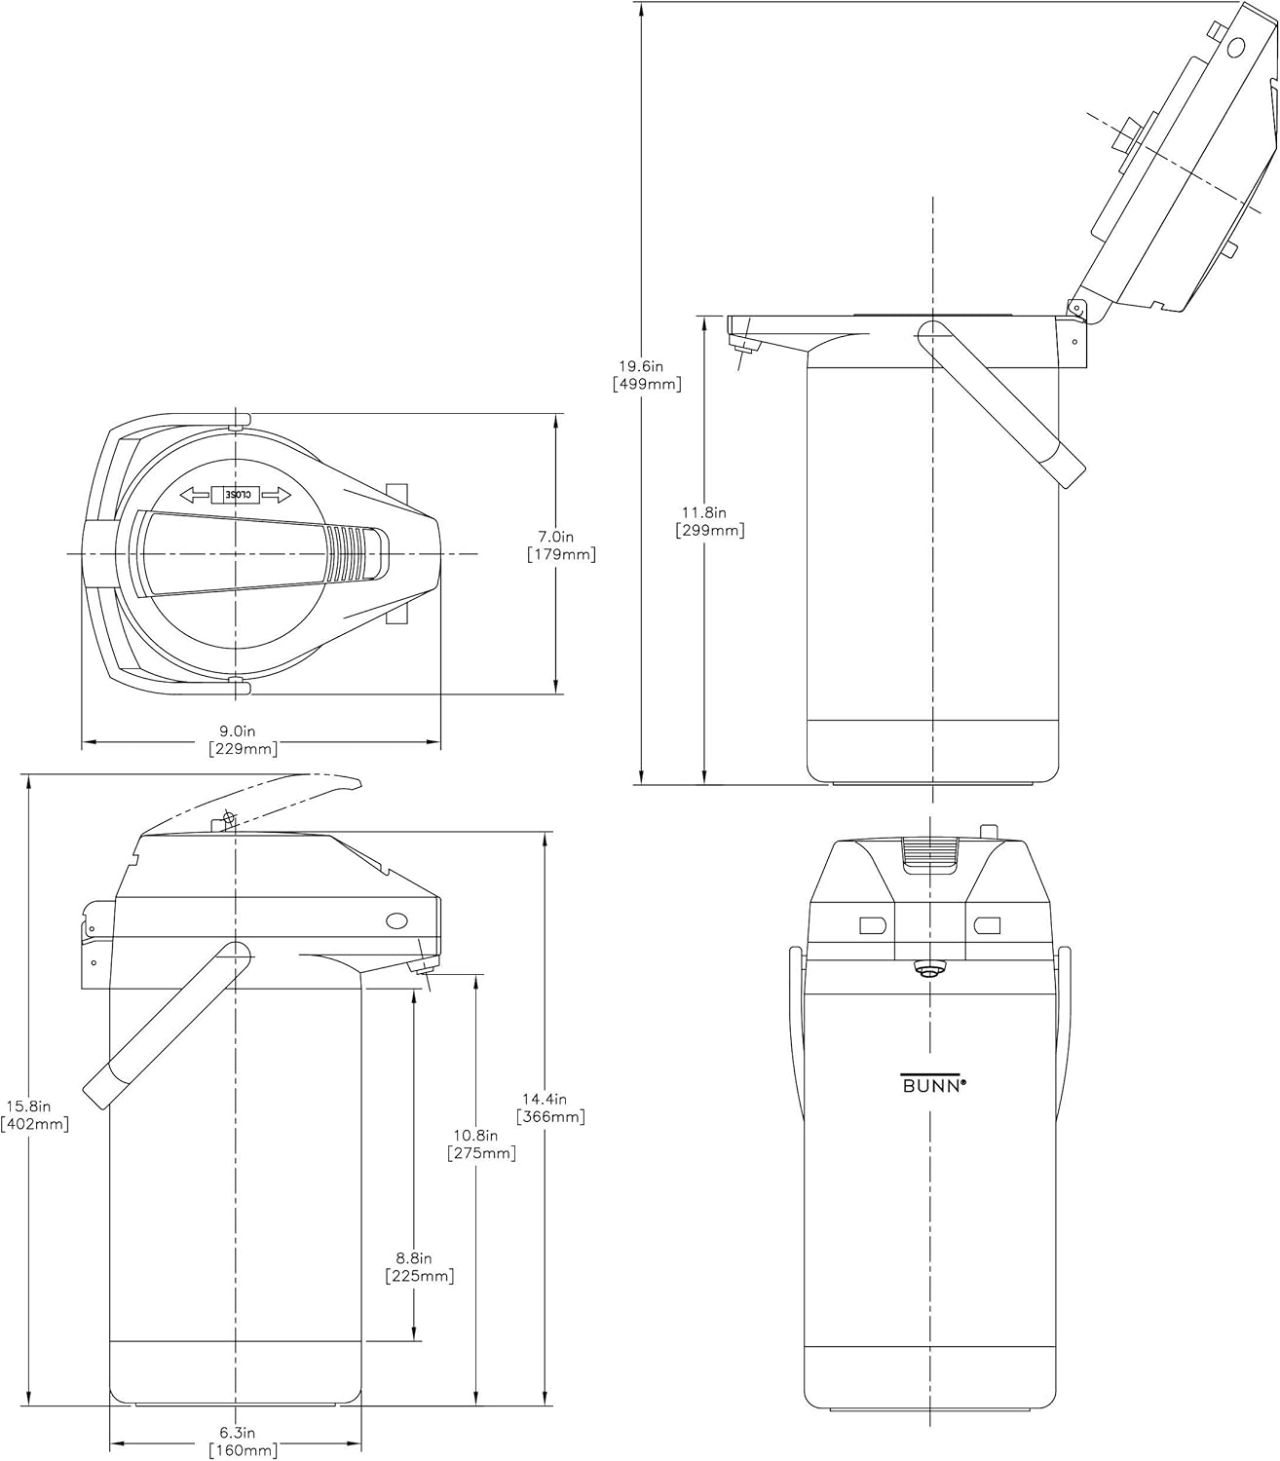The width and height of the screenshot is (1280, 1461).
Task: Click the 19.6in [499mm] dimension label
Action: [x=647, y=375]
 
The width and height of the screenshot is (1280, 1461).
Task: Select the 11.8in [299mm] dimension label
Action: [x=709, y=521]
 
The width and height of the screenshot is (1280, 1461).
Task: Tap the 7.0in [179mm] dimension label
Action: [x=561, y=545]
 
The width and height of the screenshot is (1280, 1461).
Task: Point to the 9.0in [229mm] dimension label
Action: [x=243, y=740]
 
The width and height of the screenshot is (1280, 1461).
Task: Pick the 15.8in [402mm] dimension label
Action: [x=35, y=1115]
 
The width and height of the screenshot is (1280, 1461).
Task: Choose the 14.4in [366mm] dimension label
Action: [x=550, y=1107]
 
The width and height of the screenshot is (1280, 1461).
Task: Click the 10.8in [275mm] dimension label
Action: [x=481, y=1144]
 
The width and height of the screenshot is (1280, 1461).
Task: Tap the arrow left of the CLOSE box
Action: [x=196, y=495]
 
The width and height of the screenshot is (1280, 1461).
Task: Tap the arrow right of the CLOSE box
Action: [x=276, y=495]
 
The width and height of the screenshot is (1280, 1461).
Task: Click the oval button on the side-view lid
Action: [x=396, y=920]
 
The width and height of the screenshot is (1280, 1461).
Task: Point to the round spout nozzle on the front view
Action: [x=927, y=970]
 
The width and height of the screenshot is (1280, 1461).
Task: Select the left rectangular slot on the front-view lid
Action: [x=873, y=924]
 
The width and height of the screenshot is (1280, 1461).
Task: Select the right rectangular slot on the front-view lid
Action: [x=987, y=924]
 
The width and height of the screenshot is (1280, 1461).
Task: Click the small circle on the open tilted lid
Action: [x=1235, y=48]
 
